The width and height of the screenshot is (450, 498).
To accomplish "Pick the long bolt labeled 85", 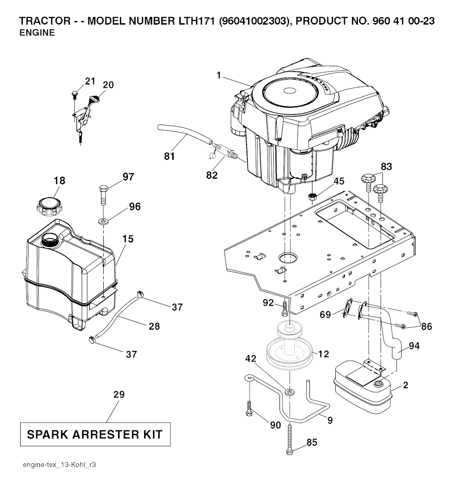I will pyautogui.click(x=289, y=439).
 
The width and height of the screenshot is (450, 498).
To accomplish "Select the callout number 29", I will pyautogui.click(x=119, y=394).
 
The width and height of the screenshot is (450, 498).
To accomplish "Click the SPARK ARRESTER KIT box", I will pyautogui.click(x=95, y=434).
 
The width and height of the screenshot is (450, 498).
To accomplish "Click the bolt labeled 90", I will pyautogui.click(x=249, y=409).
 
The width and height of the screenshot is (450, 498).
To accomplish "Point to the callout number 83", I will pyautogui.click(x=386, y=167).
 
